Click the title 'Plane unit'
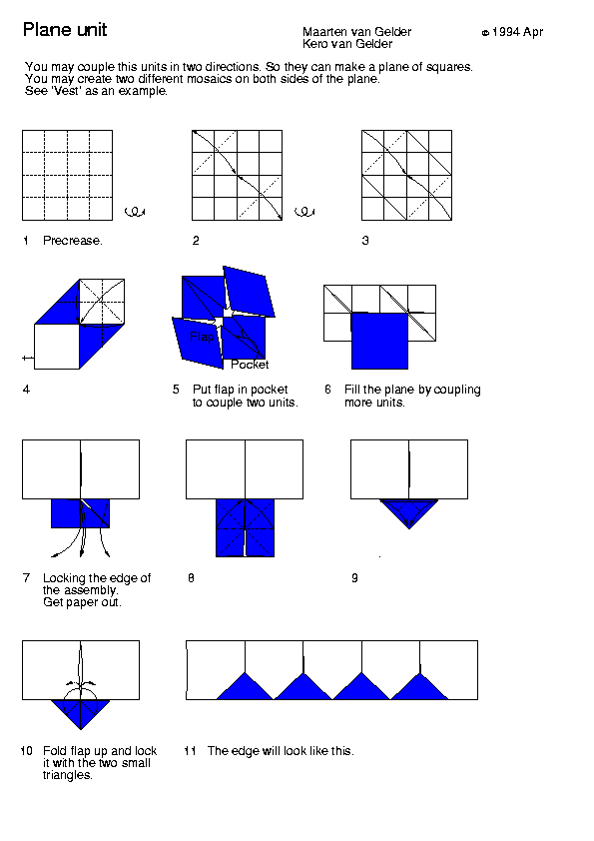pyautogui.click(x=65, y=30)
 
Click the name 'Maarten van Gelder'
pyautogui.click(x=357, y=32)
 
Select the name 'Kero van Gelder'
pyautogui.click(x=347, y=44)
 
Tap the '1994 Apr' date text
pyautogui.click(x=517, y=32)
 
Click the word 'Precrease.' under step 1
pyautogui.click(x=72, y=241)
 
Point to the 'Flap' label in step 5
pyautogui.click(x=202, y=337)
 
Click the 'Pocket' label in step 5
pyautogui.click(x=250, y=365)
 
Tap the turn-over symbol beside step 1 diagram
pyautogui.click(x=135, y=212)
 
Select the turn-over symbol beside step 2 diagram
pyautogui.click(x=304, y=212)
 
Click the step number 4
pyautogui.click(x=26, y=390)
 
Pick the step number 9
pyautogui.click(x=354, y=578)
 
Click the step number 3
pyautogui.click(x=365, y=241)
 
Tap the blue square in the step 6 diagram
pyautogui.click(x=379, y=342)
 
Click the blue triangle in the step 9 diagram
pyautogui.click(x=409, y=509)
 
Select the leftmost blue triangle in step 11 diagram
pyautogui.click(x=245, y=689)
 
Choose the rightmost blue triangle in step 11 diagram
pyautogui.click(x=419, y=689)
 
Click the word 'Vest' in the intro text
pyautogui.click(x=67, y=91)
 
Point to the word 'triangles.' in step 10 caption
pyautogui.click(x=68, y=775)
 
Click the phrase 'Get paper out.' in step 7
pyautogui.click(x=82, y=602)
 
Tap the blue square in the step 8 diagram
pyautogui.click(x=245, y=528)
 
